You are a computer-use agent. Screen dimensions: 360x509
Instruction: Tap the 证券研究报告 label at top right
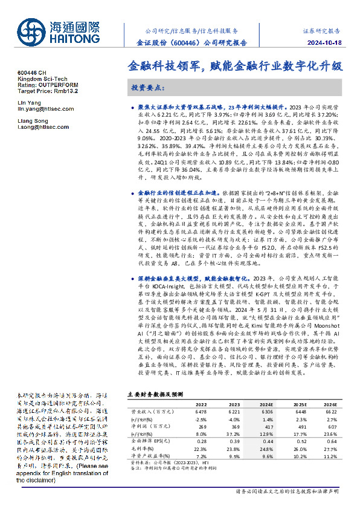[329, 29]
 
